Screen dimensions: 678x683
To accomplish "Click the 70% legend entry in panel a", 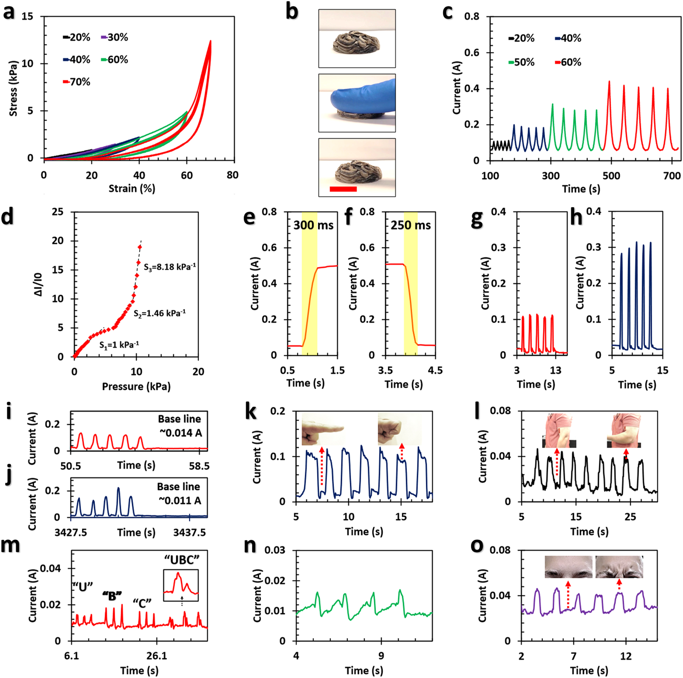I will point(77,82).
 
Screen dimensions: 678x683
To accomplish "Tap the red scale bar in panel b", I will point(343,189).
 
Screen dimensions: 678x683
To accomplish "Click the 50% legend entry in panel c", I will point(522,63).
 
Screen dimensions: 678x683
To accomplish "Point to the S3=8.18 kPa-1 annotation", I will point(170,267).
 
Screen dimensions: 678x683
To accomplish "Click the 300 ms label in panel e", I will point(313,225).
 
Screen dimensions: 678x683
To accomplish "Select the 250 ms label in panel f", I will point(410,225).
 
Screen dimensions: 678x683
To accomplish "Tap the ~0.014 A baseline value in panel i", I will point(180,433).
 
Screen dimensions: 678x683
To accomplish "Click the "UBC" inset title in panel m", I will point(182,560).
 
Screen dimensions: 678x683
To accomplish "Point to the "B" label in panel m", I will point(112,596).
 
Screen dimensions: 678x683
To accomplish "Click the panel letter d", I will point(8,216).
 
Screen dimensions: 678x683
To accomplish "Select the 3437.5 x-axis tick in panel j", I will point(190,532).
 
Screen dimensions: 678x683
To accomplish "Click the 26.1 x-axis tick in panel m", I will point(157,656).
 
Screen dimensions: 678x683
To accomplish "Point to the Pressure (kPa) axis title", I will point(136,386).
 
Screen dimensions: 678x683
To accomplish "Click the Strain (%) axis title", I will point(131,189).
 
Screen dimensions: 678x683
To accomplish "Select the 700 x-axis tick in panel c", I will point(672,176).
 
